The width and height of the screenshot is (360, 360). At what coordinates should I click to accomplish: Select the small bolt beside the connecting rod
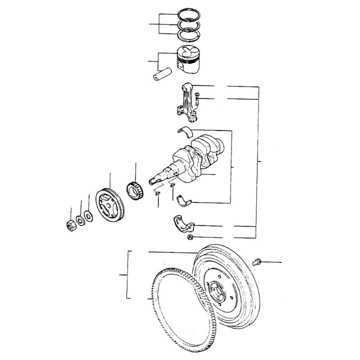pyautogui.click(x=198, y=98)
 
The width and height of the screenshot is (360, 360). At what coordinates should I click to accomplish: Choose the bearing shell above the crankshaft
pyautogui.click(x=186, y=131)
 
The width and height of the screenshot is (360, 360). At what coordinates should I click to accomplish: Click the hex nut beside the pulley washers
pyautogui.click(x=70, y=224)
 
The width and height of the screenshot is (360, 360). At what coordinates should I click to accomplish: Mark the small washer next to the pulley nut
pyautogui.click(x=79, y=220)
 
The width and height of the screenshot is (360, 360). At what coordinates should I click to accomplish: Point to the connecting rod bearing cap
pyautogui.click(x=182, y=223)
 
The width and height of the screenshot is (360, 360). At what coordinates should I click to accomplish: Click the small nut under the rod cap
pyautogui.click(x=190, y=237)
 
